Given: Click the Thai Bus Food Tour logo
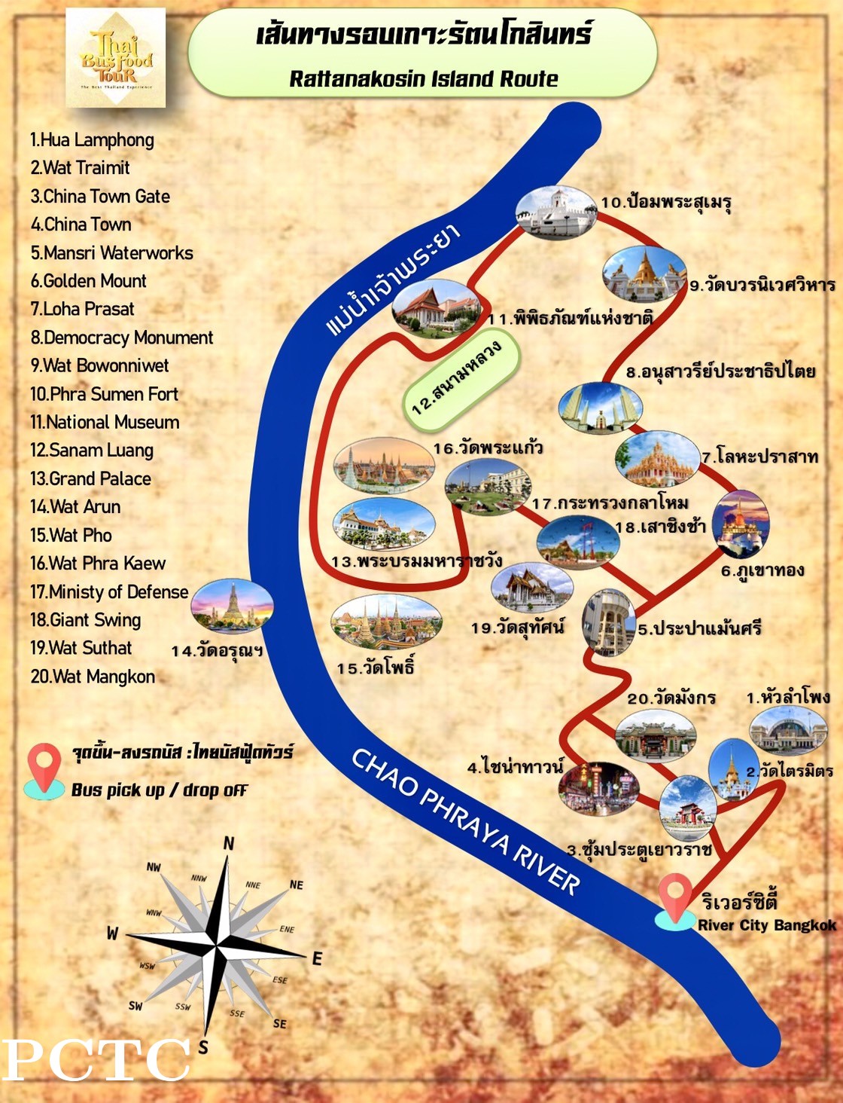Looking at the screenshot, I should [116, 57].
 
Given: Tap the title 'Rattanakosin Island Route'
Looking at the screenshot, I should [424, 78].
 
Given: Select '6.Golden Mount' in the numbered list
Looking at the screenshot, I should [88, 281].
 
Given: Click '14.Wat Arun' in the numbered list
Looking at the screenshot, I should [75, 507].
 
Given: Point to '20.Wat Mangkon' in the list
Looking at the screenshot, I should [93, 677].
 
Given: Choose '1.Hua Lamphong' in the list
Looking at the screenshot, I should [92, 140].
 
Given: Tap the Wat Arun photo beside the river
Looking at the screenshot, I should [232, 605].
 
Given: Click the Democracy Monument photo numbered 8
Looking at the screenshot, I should [600, 408].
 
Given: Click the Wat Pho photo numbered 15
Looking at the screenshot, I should [385, 622].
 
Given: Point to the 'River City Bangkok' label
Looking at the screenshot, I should [766, 925].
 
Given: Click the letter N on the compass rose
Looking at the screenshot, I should [229, 843].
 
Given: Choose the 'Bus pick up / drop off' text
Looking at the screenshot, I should [159, 790].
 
